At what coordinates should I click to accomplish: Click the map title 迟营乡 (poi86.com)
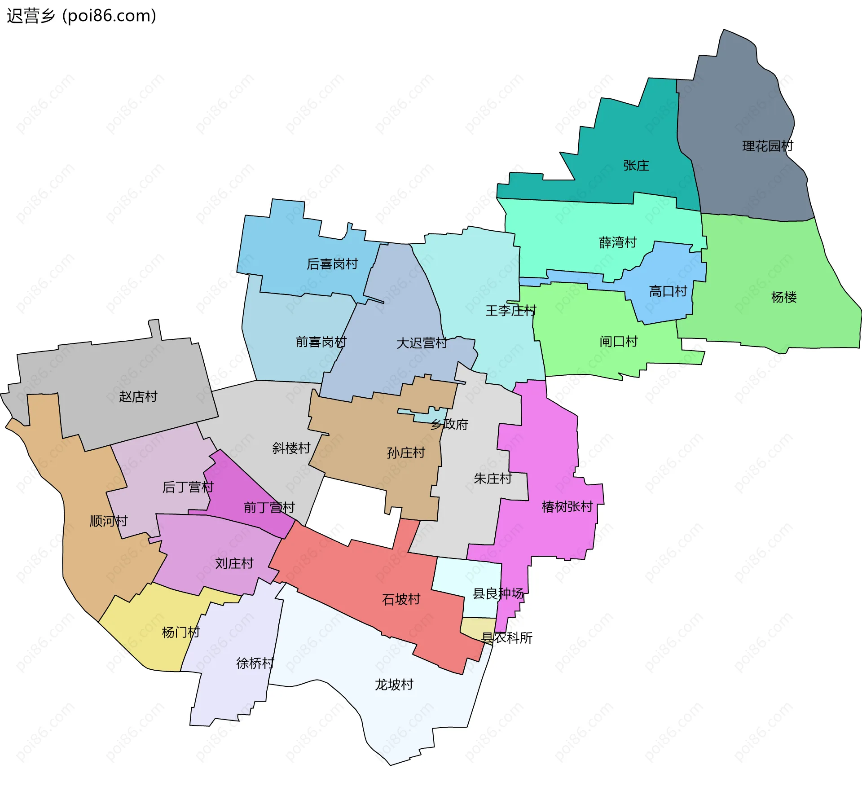pos(82,16)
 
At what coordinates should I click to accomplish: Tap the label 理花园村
pos(767,146)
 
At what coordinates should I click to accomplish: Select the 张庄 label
pos(636,166)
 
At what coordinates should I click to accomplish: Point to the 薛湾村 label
pos(618,242)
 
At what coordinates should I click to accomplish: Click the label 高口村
pos(668,291)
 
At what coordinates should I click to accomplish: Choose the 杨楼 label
pos(783,297)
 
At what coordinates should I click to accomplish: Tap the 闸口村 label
pos(618,342)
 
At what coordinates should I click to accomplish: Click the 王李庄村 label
pos(510,310)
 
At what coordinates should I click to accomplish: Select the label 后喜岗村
pos(332,264)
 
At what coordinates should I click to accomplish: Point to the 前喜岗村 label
pos(321,342)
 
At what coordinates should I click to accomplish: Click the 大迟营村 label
pos(422,343)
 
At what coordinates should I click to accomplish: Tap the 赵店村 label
pos(138,396)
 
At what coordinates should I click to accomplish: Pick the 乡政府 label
pos(449,424)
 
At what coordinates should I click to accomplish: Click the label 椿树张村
pos(567,507)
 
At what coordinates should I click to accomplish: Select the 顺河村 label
pos(109,521)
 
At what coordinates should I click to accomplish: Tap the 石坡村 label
pos(401,599)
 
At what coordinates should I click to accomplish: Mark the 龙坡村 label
pos(394,685)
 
